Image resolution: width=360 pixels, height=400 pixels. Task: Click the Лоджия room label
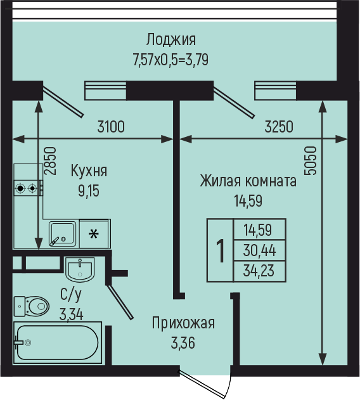pos(171,40)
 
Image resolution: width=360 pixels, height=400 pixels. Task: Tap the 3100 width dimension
pos(111,127)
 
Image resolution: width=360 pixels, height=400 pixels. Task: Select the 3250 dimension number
pos(279,127)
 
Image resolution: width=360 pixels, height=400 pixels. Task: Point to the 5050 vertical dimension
pos(310,160)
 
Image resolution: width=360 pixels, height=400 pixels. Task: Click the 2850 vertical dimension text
pos(49,161)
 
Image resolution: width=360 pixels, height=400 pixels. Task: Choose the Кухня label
pos(89,171)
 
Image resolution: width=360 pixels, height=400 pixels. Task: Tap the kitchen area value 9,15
pos(89,191)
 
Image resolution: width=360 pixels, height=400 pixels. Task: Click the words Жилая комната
pos(248,181)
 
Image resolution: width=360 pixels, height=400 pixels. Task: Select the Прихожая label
pos(183,323)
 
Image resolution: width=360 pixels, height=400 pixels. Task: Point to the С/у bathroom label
pos(71,294)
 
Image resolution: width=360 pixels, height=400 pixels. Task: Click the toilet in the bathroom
pos(32,306)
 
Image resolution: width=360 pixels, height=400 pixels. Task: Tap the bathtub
pos(58,342)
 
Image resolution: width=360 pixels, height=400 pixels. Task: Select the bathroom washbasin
pos(80,269)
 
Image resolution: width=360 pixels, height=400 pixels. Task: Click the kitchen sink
pos(63,234)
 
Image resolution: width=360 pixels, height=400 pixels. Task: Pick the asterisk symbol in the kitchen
pos(94,234)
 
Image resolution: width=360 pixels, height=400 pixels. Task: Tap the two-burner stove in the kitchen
pos(27,188)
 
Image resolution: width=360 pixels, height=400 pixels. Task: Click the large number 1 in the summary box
pos(220,250)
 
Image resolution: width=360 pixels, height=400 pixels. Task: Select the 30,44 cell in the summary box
pos(259,250)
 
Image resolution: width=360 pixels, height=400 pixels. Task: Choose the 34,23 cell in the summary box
pos(259,271)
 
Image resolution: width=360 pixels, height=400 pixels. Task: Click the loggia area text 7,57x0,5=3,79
pos(170,60)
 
